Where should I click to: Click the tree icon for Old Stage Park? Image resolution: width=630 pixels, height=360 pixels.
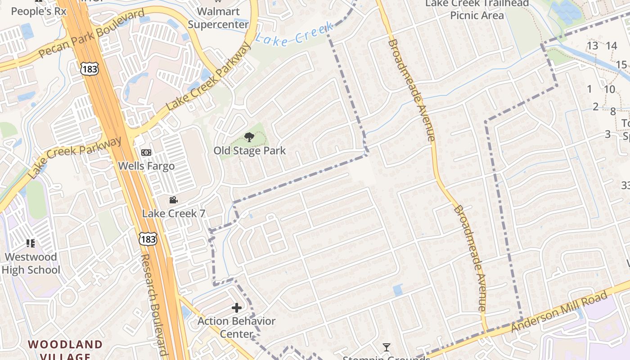[249, 137]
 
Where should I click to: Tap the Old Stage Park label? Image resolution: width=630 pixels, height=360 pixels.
[249, 151]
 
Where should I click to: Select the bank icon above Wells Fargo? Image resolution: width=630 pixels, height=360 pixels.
[146, 153]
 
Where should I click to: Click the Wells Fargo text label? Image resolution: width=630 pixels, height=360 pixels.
[146, 166]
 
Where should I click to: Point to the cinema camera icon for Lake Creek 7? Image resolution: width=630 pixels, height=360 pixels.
[174, 200]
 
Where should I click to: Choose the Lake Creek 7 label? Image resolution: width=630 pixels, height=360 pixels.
[174, 213]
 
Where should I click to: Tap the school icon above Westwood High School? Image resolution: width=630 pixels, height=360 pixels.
[31, 243]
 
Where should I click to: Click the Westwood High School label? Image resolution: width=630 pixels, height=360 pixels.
[31, 263]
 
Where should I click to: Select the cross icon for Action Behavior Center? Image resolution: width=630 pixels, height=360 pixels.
[237, 308]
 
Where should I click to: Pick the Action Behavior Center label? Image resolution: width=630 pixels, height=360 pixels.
[237, 327]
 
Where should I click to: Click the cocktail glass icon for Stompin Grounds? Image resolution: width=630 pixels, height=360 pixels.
[386, 347]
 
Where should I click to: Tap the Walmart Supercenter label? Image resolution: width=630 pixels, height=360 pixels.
[218, 18]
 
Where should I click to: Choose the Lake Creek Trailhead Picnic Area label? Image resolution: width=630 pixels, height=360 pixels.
[477, 9]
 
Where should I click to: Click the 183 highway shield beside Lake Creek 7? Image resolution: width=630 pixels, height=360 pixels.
[148, 238]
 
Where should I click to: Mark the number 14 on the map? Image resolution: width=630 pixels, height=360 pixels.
[611, 45]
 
